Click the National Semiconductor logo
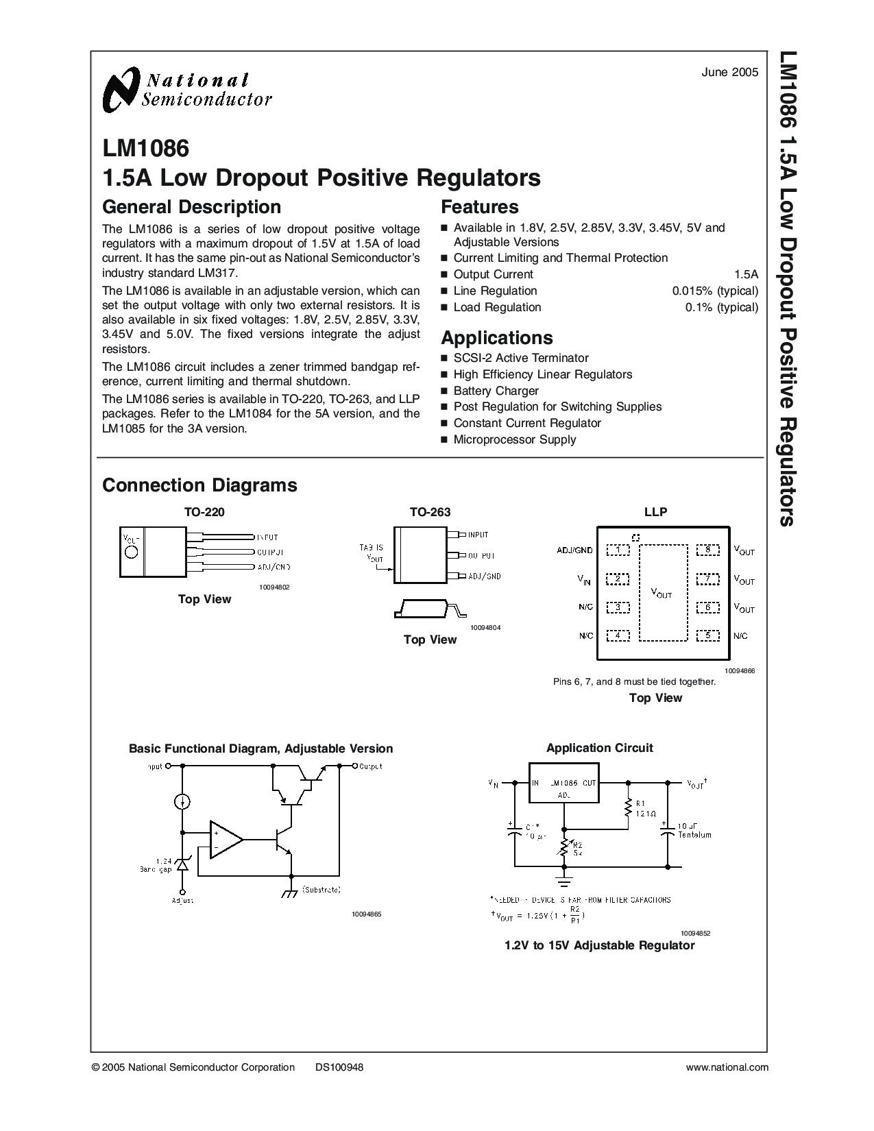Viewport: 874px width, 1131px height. [186, 90]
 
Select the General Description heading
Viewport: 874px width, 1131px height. [191, 207]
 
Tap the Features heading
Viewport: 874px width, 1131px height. [479, 207]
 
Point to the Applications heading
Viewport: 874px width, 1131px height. [496, 338]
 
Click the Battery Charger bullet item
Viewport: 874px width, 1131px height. [496, 391]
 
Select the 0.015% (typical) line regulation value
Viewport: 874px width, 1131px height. [715, 291]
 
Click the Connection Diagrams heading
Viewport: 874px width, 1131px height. [199, 485]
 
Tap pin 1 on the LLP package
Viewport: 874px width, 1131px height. [618, 550]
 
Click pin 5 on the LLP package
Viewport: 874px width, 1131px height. [707, 635]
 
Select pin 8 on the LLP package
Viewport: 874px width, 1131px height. [707, 550]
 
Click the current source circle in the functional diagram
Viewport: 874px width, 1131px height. [182, 801]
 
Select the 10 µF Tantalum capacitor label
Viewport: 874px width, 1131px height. [694, 830]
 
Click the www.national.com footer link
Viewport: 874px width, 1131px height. [727, 1067]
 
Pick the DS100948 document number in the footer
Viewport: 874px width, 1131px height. [339, 1067]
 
